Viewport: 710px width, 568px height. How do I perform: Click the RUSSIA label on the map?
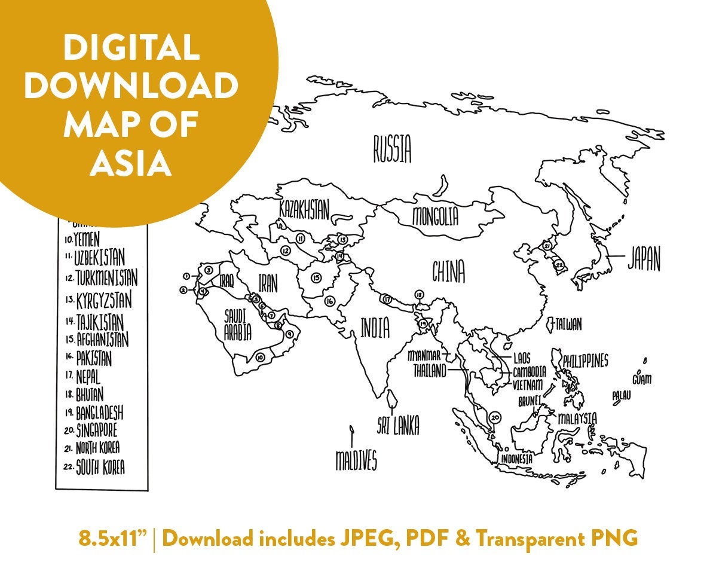click(x=393, y=149)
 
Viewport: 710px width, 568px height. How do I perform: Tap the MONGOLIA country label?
click(x=435, y=216)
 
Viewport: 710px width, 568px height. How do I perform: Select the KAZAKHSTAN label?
click(x=304, y=210)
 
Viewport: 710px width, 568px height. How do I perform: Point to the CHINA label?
click(x=448, y=272)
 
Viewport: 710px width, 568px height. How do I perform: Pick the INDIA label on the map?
click(x=375, y=327)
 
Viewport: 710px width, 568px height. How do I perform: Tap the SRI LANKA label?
click(x=397, y=426)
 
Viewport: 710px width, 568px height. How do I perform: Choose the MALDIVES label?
click(x=356, y=460)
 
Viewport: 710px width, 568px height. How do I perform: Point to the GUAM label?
click(x=642, y=379)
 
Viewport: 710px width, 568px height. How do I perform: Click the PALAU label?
click(x=622, y=396)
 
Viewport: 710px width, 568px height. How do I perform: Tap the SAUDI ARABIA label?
click(x=237, y=325)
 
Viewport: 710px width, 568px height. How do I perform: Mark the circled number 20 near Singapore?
click(x=494, y=417)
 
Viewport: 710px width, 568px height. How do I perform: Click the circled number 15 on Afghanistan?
click(x=316, y=277)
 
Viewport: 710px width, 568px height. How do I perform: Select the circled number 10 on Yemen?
click(x=259, y=357)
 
